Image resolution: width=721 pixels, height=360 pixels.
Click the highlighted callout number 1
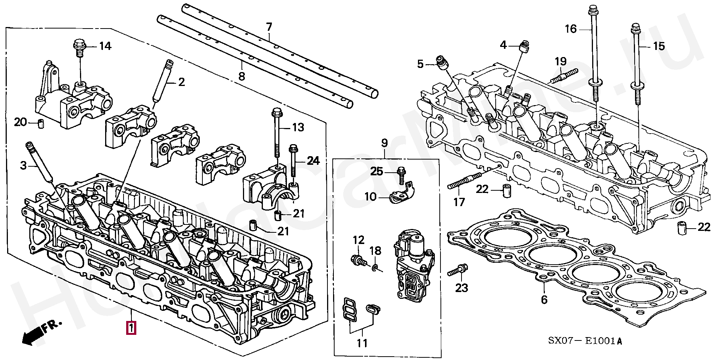pyautogui.click(x=131, y=328)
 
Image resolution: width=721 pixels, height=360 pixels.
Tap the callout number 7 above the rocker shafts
pyautogui.click(x=269, y=27)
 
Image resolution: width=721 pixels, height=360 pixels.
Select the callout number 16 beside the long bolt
pyautogui.click(x=571, y=29)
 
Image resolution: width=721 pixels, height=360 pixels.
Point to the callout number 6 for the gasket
pyautogui.click(x=544, y=300)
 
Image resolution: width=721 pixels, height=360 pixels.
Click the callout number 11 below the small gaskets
pyautogui.click(x=362, y=343)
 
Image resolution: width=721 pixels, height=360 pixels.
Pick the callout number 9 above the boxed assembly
pyautogui.click(x=385, y=143)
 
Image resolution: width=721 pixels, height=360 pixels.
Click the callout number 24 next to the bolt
pyautogui.click(x=313, y=161)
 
